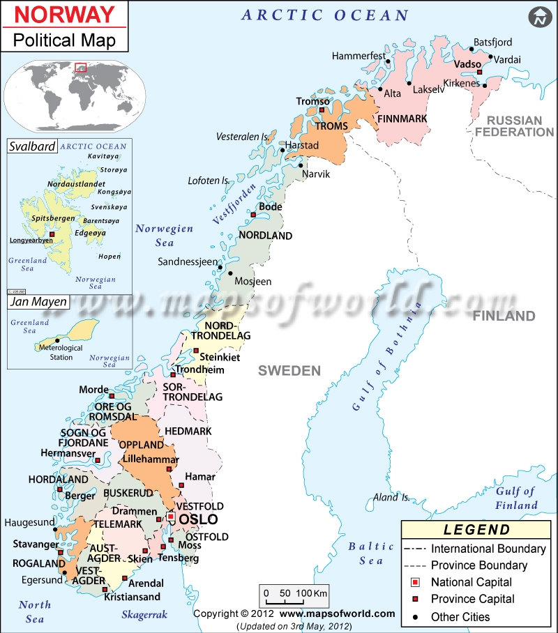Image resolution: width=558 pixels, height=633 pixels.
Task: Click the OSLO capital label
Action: coord(199,520)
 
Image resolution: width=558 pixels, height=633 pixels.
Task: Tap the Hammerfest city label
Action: coord(359,56)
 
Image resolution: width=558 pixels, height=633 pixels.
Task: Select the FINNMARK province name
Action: coord(402,119)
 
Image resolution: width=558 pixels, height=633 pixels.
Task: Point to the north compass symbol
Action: coord(538,17)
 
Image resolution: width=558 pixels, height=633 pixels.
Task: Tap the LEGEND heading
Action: coord(476,531)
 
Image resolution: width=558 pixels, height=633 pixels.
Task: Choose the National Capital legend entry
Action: coord(471,582)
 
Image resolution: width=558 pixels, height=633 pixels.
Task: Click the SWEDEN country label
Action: coord(289,371)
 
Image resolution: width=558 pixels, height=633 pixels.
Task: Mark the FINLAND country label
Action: coord(504,316)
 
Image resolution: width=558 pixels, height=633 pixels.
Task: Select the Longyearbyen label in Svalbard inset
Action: coord(31,241)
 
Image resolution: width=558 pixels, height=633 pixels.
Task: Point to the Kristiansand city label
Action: coord(132,597)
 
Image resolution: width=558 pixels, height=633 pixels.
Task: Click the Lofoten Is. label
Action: coord(209,181)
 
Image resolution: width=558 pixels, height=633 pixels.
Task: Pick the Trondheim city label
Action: coord(200,370)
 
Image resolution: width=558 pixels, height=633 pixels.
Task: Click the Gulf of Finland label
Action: coord(516,498)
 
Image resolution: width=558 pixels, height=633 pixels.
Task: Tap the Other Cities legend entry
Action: coord(460,616)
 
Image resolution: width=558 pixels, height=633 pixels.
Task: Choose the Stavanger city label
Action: coord(35,544)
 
